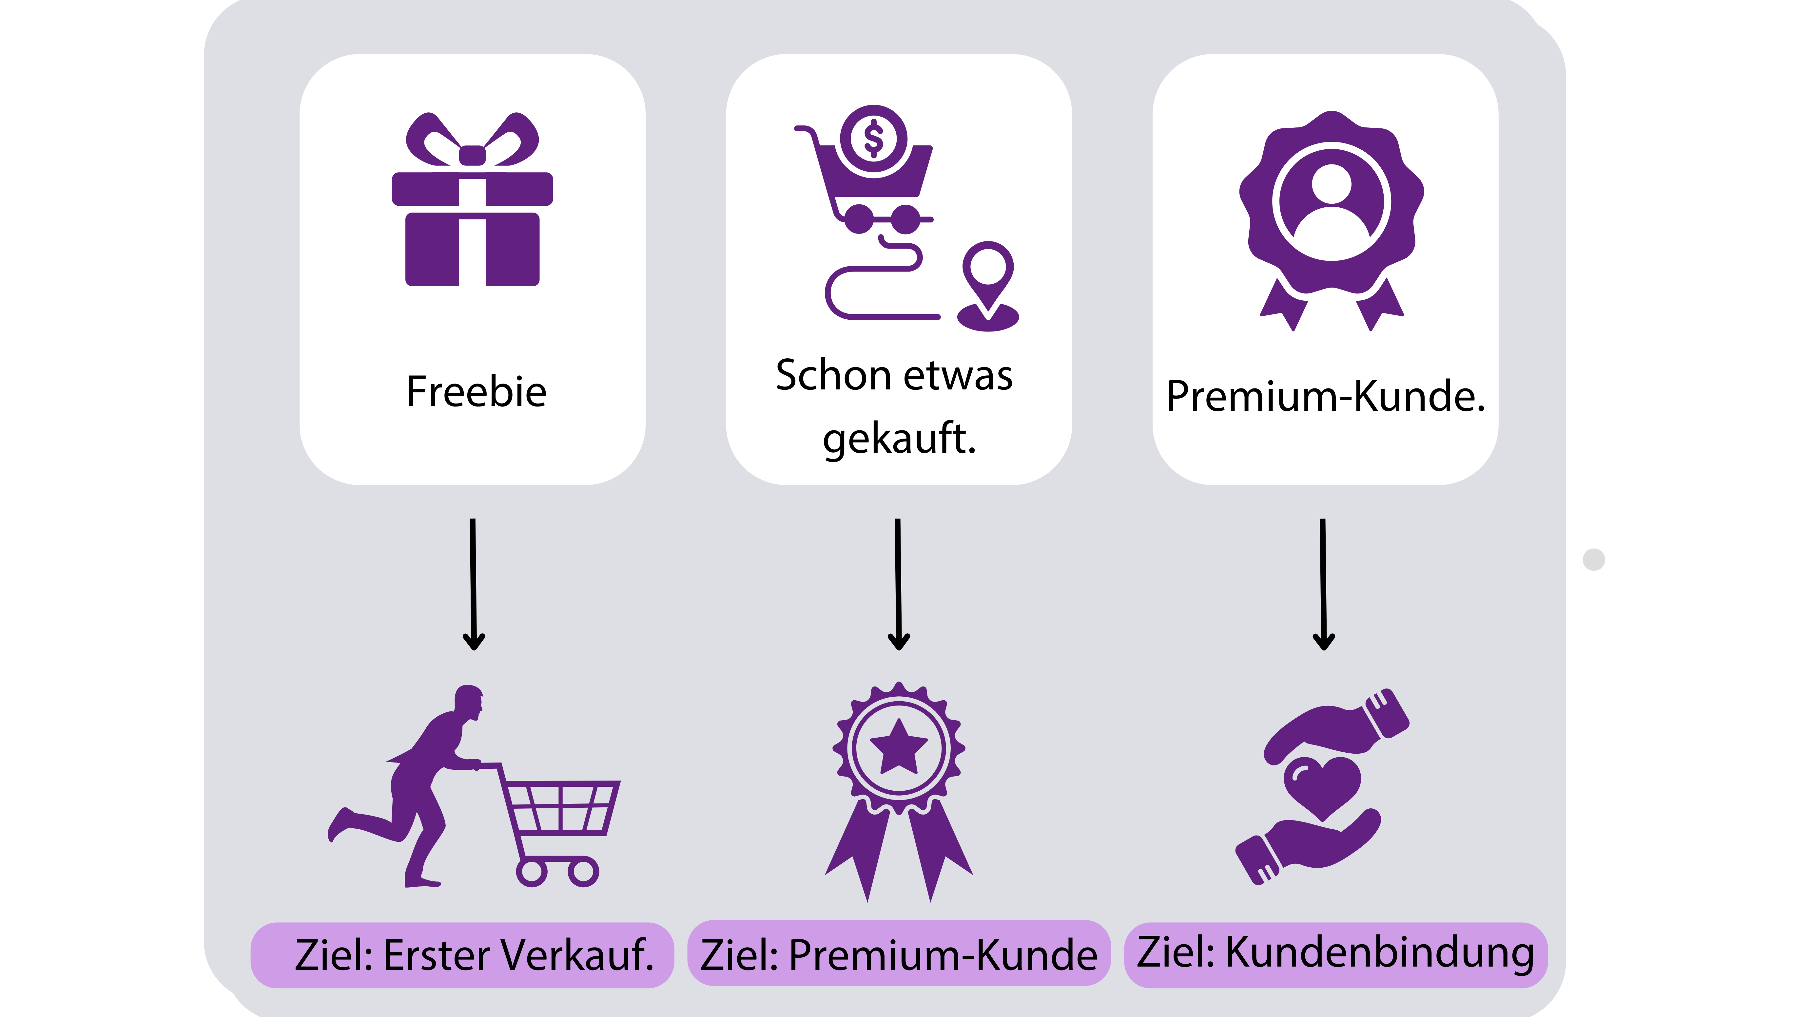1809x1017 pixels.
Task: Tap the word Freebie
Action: point(476,392)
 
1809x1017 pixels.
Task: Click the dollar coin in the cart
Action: point(874,138)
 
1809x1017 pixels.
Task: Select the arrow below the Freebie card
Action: point(473,584)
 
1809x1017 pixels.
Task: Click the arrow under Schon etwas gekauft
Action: point(898,584)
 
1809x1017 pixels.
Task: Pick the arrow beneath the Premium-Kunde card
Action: point(1323,584)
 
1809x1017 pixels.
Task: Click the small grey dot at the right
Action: point(1594,559)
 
